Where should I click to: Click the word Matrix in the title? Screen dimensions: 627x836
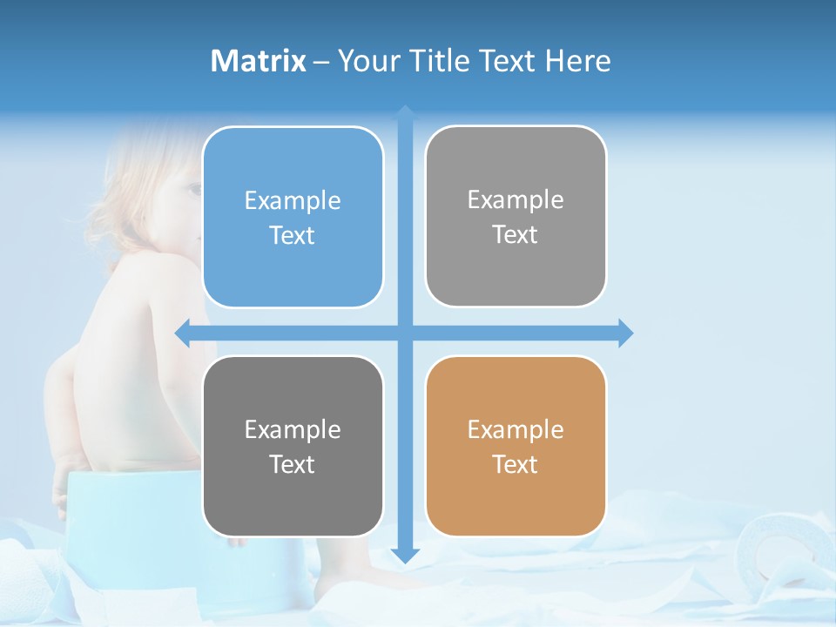(258, 61)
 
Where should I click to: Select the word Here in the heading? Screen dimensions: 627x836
(577, 61)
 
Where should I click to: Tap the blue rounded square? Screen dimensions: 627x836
(293, 217)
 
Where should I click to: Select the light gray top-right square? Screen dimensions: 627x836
(516, 216)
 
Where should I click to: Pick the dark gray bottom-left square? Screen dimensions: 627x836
(293, 446)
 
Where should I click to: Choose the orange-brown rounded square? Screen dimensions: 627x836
(516, 446)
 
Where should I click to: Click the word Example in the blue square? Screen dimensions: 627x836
(293, 201)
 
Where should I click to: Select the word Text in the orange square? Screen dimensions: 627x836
(516, 465)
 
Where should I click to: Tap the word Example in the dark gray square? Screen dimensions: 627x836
(293, 429)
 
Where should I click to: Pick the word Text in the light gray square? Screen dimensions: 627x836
(516, 235)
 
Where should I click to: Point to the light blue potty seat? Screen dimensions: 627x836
(131, 522)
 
